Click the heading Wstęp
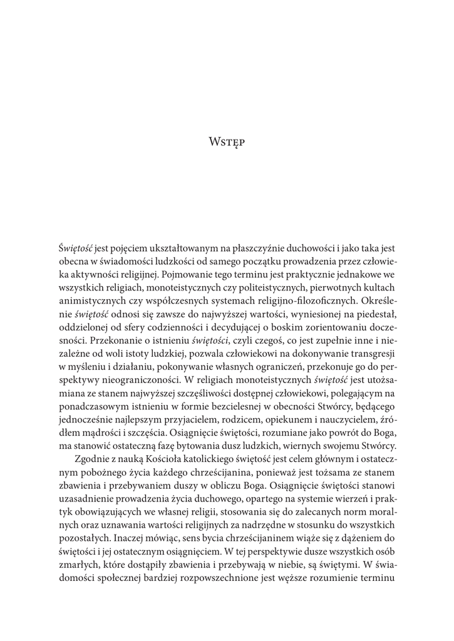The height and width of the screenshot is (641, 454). (227, 142)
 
